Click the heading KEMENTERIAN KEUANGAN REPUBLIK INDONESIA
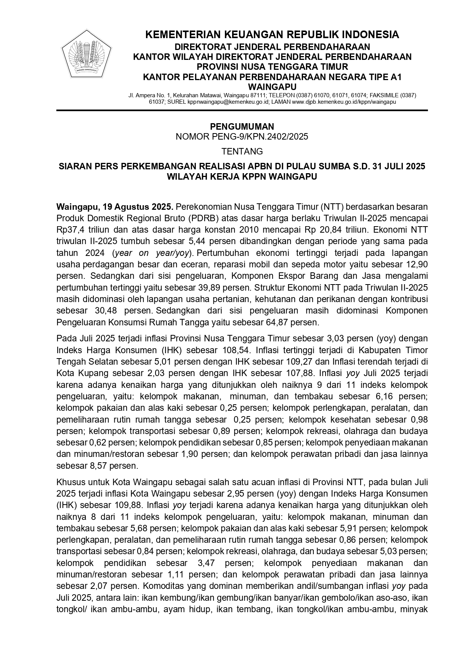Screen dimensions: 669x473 coord(272,35)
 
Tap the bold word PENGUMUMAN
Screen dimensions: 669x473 coord(242,127)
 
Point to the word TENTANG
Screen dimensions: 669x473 coord(242,151)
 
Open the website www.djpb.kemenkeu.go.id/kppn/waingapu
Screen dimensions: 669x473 coord(344,102)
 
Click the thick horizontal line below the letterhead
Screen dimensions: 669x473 coord(242,111)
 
